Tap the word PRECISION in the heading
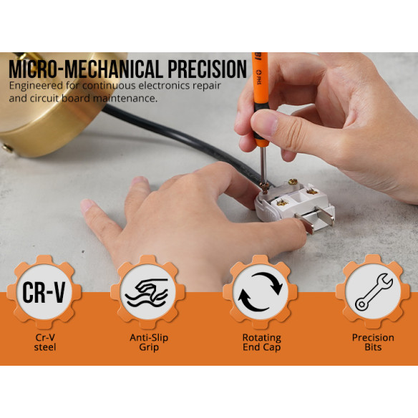click(x=206, y=69)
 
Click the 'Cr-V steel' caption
click(x=44, y=342)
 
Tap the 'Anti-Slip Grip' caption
click(x=149, y=342)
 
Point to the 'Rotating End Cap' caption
click(x=261, y=342)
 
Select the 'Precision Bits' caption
click(x=372, y=342)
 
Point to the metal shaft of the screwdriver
click(x=264, y=161)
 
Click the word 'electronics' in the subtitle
click(x=164, y=85)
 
